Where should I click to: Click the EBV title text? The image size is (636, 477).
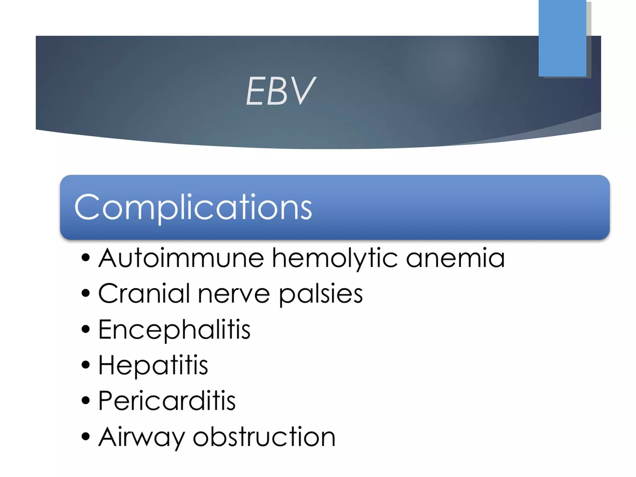pos(280,91)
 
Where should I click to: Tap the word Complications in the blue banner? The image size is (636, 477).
pos(193,207)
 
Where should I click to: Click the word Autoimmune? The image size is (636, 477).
pos(181,258)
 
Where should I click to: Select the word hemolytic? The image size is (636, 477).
pos(334,259)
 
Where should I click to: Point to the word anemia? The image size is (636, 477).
pos(455,258)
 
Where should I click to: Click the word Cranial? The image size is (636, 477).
pos(144,294)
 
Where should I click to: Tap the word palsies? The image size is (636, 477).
pos(320,294)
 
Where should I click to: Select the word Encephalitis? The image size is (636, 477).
pos(174,330)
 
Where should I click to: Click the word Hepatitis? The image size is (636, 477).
pos(153,366)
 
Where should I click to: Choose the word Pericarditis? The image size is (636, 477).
pos(167,401)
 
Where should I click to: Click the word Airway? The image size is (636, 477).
pos(141,437)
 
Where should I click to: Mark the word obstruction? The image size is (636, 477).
pos(264,437)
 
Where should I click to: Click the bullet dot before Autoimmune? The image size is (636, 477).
pos(85,258)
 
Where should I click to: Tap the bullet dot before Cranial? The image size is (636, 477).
pos(85,293)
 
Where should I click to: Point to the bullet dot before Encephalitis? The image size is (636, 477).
pos(85,329)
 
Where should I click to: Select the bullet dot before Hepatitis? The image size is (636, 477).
pos(85,365)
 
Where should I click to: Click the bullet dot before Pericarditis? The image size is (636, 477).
pos(85,401)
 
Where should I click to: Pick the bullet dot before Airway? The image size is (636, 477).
pos(85,436)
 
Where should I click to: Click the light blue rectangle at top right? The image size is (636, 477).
pos(562,38)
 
